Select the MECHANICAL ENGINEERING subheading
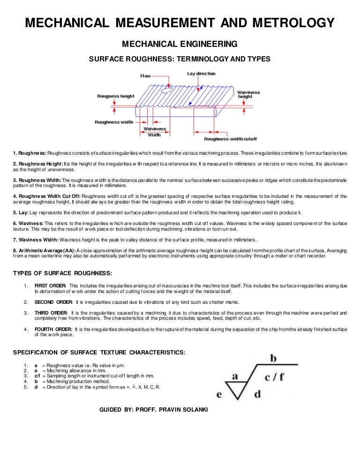tap(180, 45)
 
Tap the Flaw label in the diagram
tap(145, 75)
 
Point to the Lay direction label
tap(201, 74)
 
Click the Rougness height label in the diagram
tap(115, 96)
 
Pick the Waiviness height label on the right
tap(248, 95)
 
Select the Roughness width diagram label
tap(114, 122)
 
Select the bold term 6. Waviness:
tap(28, 223)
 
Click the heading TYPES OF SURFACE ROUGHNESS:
tap(62, 274)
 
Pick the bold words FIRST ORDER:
tap(50, 286)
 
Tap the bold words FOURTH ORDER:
tap(53, 330)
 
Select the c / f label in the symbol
tap(274, 377)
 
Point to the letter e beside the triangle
tap(219, 394)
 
